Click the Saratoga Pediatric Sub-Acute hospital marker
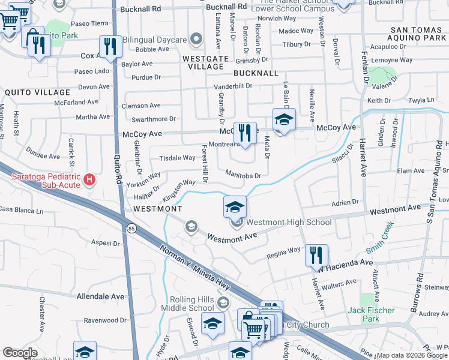pos(89,179)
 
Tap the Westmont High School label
pos(289,223)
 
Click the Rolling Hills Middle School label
pos(191,304)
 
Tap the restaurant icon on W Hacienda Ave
pos(316,254)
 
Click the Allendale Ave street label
pos(100,296)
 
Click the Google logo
pos(20,353)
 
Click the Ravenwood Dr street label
pos(106,320)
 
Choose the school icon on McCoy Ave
pos(284,119)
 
